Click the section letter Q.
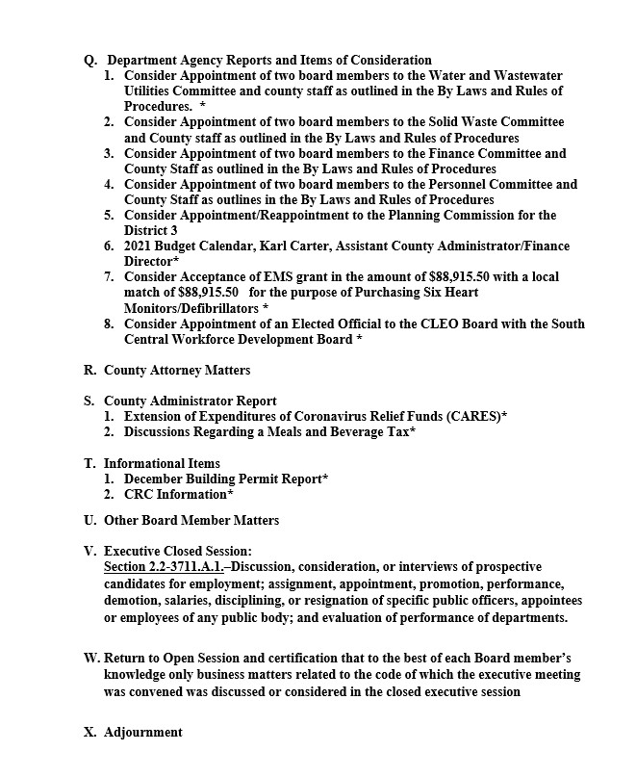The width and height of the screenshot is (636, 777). pyautogui.click(x=90, y=61)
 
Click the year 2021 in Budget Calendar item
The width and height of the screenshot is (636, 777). pyautogui.click(x=140, y=246)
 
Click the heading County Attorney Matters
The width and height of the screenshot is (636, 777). pyautogui.click(x=177, y=370)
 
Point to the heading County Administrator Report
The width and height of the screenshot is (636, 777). pyautogui.click(x=190, y=401)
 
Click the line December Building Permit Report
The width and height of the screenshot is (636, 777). pyautogui.click(x=225, y=479)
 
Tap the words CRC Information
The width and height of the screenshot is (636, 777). pyautogui.click(x=177, y=494)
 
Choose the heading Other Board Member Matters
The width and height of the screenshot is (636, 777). pyautogui.click(x=191, y=521)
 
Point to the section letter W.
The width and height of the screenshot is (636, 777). pyautogui.click(x=91, y=658)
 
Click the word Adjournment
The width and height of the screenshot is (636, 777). pyautogui.click(x=142, y=733)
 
